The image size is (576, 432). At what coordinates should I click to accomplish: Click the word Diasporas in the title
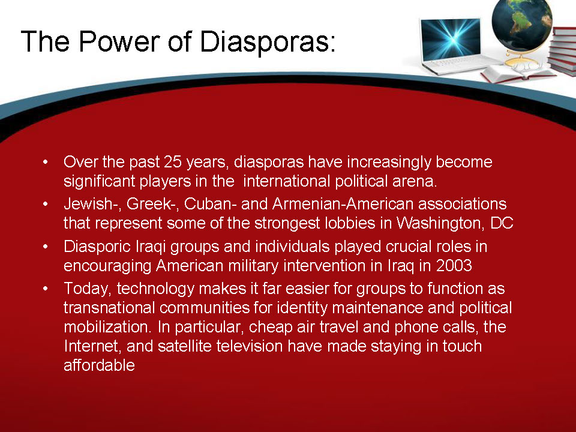click(x=267, y=42)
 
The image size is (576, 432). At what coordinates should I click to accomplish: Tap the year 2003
click(x=454, y=265)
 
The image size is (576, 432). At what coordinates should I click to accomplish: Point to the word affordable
click(x=99, y=365)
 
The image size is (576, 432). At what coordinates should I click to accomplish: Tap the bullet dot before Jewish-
click(x=45, y=204)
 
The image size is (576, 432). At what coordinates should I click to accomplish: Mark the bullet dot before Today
click(x=45, y=289)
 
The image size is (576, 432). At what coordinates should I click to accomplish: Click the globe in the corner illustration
click(x=521, y=24)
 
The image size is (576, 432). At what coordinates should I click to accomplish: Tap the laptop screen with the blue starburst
click(x=451, y=38)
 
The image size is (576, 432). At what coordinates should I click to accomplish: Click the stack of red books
click(x=562, y=52)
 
